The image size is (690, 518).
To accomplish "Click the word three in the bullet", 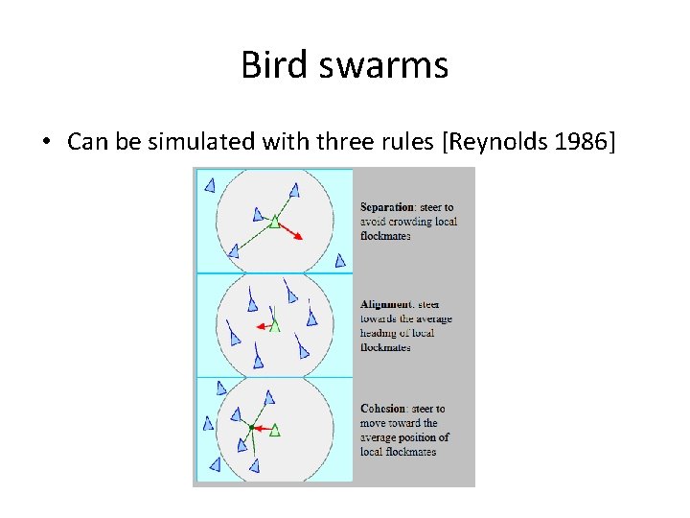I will tap(327, 142).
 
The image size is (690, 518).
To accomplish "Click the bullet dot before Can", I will tap(46, 143).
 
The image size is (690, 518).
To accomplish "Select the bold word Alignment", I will tap(386, 305).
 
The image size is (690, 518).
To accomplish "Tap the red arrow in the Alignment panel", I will tap(263, 326).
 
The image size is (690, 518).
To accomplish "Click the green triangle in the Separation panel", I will tap(274, 222).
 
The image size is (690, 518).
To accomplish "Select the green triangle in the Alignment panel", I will tap(275, 325).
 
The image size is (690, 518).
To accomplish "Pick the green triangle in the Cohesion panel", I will tap(275, 429).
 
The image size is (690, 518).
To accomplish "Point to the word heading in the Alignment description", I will tap(379, 333).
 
